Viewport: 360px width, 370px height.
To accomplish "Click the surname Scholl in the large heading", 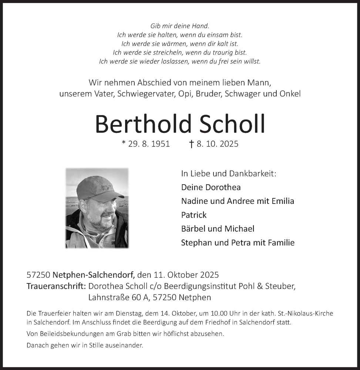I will [232, 124].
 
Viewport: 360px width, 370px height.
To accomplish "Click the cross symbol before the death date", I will [191, 144].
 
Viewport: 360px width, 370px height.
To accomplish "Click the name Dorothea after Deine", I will [223, 187].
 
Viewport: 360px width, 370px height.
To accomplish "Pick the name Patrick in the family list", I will [194, 215].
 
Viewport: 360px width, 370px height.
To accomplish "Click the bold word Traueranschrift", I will [56, 286].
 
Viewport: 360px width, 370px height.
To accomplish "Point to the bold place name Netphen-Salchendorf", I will [94, 275].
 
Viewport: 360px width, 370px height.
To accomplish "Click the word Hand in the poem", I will [201, 26].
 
